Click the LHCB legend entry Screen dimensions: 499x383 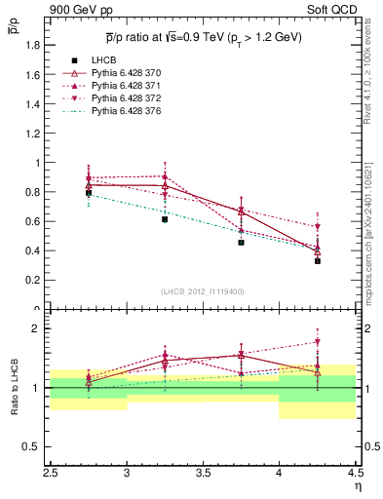click(x=102, y=60)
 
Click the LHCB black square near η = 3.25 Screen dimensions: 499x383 click(x=165, y=219)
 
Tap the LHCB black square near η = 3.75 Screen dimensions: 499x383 click(x=241, y=242)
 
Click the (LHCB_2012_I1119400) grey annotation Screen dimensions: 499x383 click(x=203, y=290)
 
